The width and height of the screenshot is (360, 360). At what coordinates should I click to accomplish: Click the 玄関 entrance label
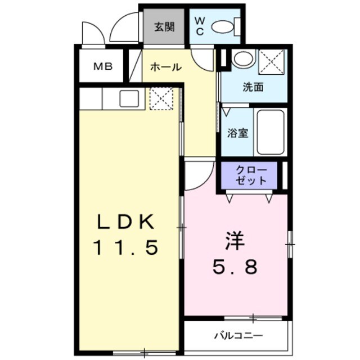(x=164, y=26)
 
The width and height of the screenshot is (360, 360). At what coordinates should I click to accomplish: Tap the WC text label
(x=200, y=26)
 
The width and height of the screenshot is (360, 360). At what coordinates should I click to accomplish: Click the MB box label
(x=102, y=66)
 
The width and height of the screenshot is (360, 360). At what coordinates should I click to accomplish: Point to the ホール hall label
(x=165, y=67)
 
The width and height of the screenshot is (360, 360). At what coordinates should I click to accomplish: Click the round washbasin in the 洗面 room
(x=243, y=59)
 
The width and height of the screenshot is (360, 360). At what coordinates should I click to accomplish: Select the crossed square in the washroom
(x=272, y=60)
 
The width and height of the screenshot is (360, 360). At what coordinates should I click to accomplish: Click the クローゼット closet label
(x=248, y=175)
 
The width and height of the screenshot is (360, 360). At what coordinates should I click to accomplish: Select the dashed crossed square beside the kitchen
(x=161, y=99)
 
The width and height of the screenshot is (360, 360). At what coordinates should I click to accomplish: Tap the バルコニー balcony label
(x=237, y=336)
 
